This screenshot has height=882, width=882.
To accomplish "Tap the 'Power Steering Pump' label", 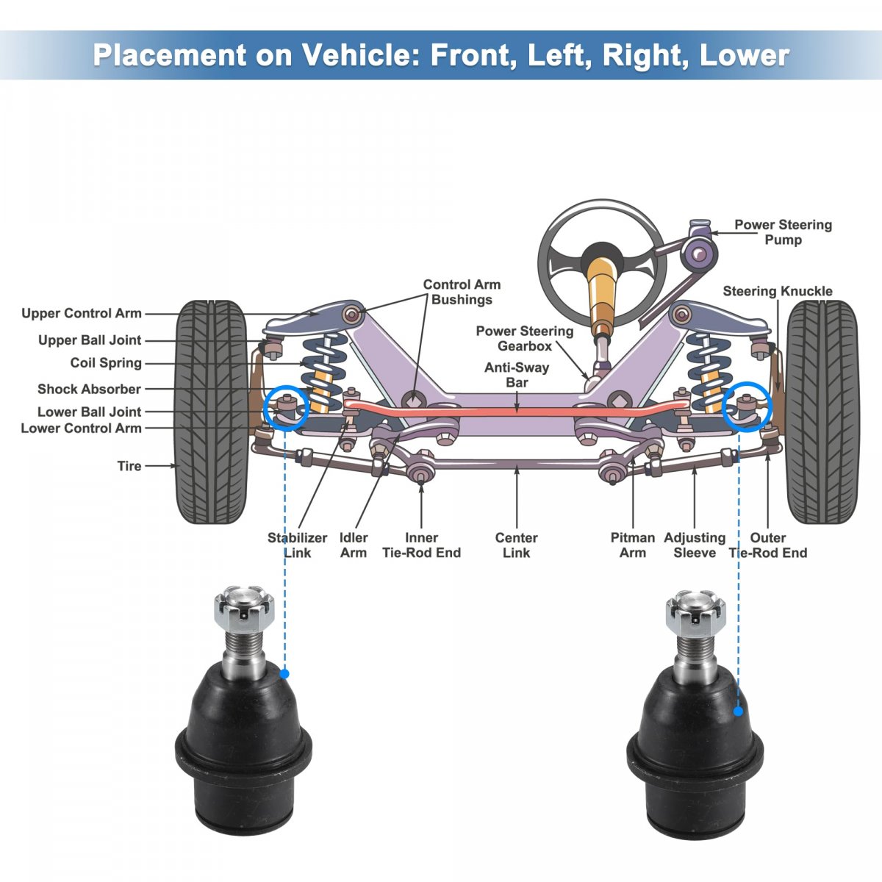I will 783,232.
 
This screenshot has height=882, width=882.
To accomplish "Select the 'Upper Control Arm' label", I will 82,314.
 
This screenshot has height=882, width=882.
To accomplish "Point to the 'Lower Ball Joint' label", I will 89,412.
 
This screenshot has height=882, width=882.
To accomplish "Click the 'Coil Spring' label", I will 106,363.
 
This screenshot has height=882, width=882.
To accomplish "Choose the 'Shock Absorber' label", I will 89,389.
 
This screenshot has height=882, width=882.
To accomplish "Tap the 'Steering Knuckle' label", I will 777,291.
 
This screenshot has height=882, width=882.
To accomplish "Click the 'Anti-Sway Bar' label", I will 517,375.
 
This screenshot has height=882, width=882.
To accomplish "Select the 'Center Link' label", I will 516,545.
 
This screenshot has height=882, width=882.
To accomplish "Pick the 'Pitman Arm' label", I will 632,545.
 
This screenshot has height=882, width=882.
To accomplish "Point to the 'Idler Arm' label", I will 354,545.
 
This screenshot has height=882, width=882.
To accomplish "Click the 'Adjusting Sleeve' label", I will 695,545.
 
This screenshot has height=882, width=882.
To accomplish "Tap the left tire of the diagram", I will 211,412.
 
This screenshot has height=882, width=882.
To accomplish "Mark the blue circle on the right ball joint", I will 746,406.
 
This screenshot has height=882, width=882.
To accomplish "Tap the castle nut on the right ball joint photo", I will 695,609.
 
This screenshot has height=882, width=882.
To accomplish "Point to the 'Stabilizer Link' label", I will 297,545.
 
